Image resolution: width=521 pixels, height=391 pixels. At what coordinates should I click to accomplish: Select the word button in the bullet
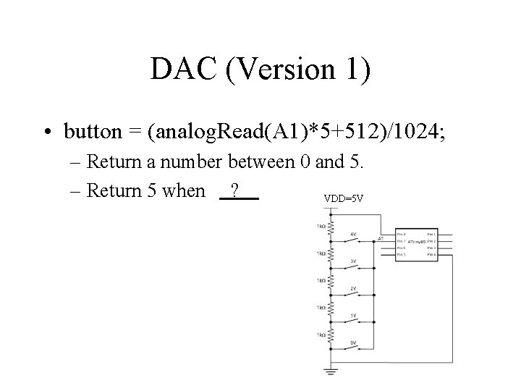point(93,133)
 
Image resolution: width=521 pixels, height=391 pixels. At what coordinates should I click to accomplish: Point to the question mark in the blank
point(234,191)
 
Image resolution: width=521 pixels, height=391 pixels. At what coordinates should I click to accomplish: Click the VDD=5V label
point(344,198)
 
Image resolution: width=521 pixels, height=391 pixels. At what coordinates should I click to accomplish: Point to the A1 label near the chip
point(381,238)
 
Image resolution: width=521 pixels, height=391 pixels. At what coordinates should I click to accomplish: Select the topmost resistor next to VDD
point(331,227)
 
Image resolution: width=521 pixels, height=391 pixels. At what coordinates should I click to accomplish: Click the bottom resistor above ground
point(331,336)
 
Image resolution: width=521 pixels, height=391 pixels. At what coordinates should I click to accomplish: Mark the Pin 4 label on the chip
point(431,255)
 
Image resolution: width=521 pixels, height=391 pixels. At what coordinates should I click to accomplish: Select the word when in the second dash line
point(185,191)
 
